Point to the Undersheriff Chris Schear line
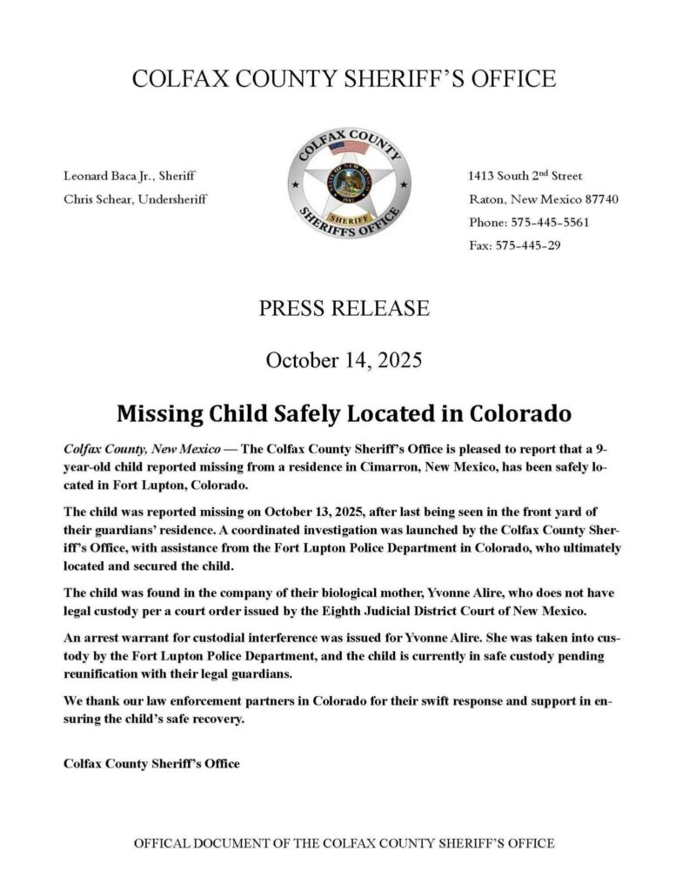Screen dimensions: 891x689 135,198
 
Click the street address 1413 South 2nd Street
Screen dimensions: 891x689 525,176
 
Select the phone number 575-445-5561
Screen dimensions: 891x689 546,222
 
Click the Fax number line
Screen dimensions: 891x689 515,245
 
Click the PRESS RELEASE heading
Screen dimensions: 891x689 344,308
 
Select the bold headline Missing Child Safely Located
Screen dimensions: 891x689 344,411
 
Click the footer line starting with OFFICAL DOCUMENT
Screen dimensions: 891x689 344,843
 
